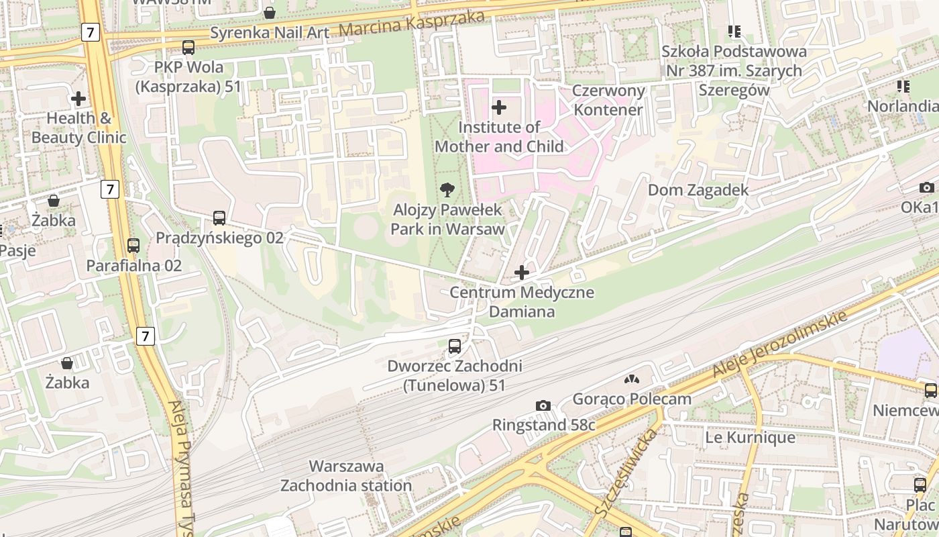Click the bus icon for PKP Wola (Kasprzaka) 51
pos(188,48)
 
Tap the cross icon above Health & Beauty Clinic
pos(78,99)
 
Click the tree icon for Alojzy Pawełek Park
pos(447,190)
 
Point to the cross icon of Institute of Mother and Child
pos(499,107)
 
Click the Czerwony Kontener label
pos(608,100)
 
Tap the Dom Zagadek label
pos(698,190)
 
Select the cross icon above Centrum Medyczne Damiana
pos(522,273)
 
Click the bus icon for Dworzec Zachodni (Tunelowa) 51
pos(455,346)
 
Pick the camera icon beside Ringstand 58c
pos(543,405)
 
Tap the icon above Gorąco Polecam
pos(631,380)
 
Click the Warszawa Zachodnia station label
pos(346,475)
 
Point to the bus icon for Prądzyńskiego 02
pos(219,218)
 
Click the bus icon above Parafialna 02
pos(133,246)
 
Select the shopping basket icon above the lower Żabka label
pos(67,363)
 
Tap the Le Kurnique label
pos(750,438)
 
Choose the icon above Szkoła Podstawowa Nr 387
pos(734,32)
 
